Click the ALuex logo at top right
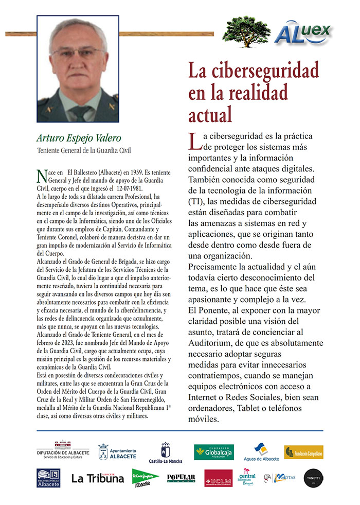[303, 32]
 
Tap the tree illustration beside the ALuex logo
[246, 30]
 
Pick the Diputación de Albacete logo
[62, 450]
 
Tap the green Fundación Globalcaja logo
[213, 451]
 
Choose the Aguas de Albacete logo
[262, 451]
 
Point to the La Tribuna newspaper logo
[98, 478]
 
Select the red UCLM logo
[218, 478]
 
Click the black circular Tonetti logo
[313, 478]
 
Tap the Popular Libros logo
[181, 478]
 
